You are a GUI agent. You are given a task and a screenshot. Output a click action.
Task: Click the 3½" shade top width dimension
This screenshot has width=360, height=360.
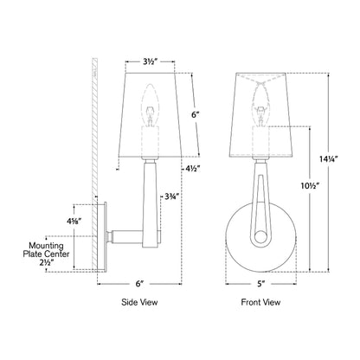click(x=151, y=62)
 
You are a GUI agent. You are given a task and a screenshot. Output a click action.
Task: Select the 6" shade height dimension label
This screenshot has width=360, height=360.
click(x=196, y=114)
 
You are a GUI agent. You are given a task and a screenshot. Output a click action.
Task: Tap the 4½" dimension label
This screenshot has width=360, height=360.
click(x=192, y=169)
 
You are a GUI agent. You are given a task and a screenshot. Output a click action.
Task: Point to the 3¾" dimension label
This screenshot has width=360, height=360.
click(x=172, y=196)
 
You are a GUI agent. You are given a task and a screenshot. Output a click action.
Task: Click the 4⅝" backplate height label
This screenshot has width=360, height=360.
click(x=74, y=222)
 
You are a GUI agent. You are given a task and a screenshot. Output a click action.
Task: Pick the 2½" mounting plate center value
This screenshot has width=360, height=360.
click(x=47, y=262)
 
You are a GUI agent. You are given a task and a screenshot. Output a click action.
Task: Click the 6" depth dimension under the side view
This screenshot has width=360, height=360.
click(x=139, y=284)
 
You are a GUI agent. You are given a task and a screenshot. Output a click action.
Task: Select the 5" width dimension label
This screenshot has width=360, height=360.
click(x=260, y=284)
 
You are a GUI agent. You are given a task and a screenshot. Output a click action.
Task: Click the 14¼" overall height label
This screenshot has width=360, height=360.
click(x=329, y=159)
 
